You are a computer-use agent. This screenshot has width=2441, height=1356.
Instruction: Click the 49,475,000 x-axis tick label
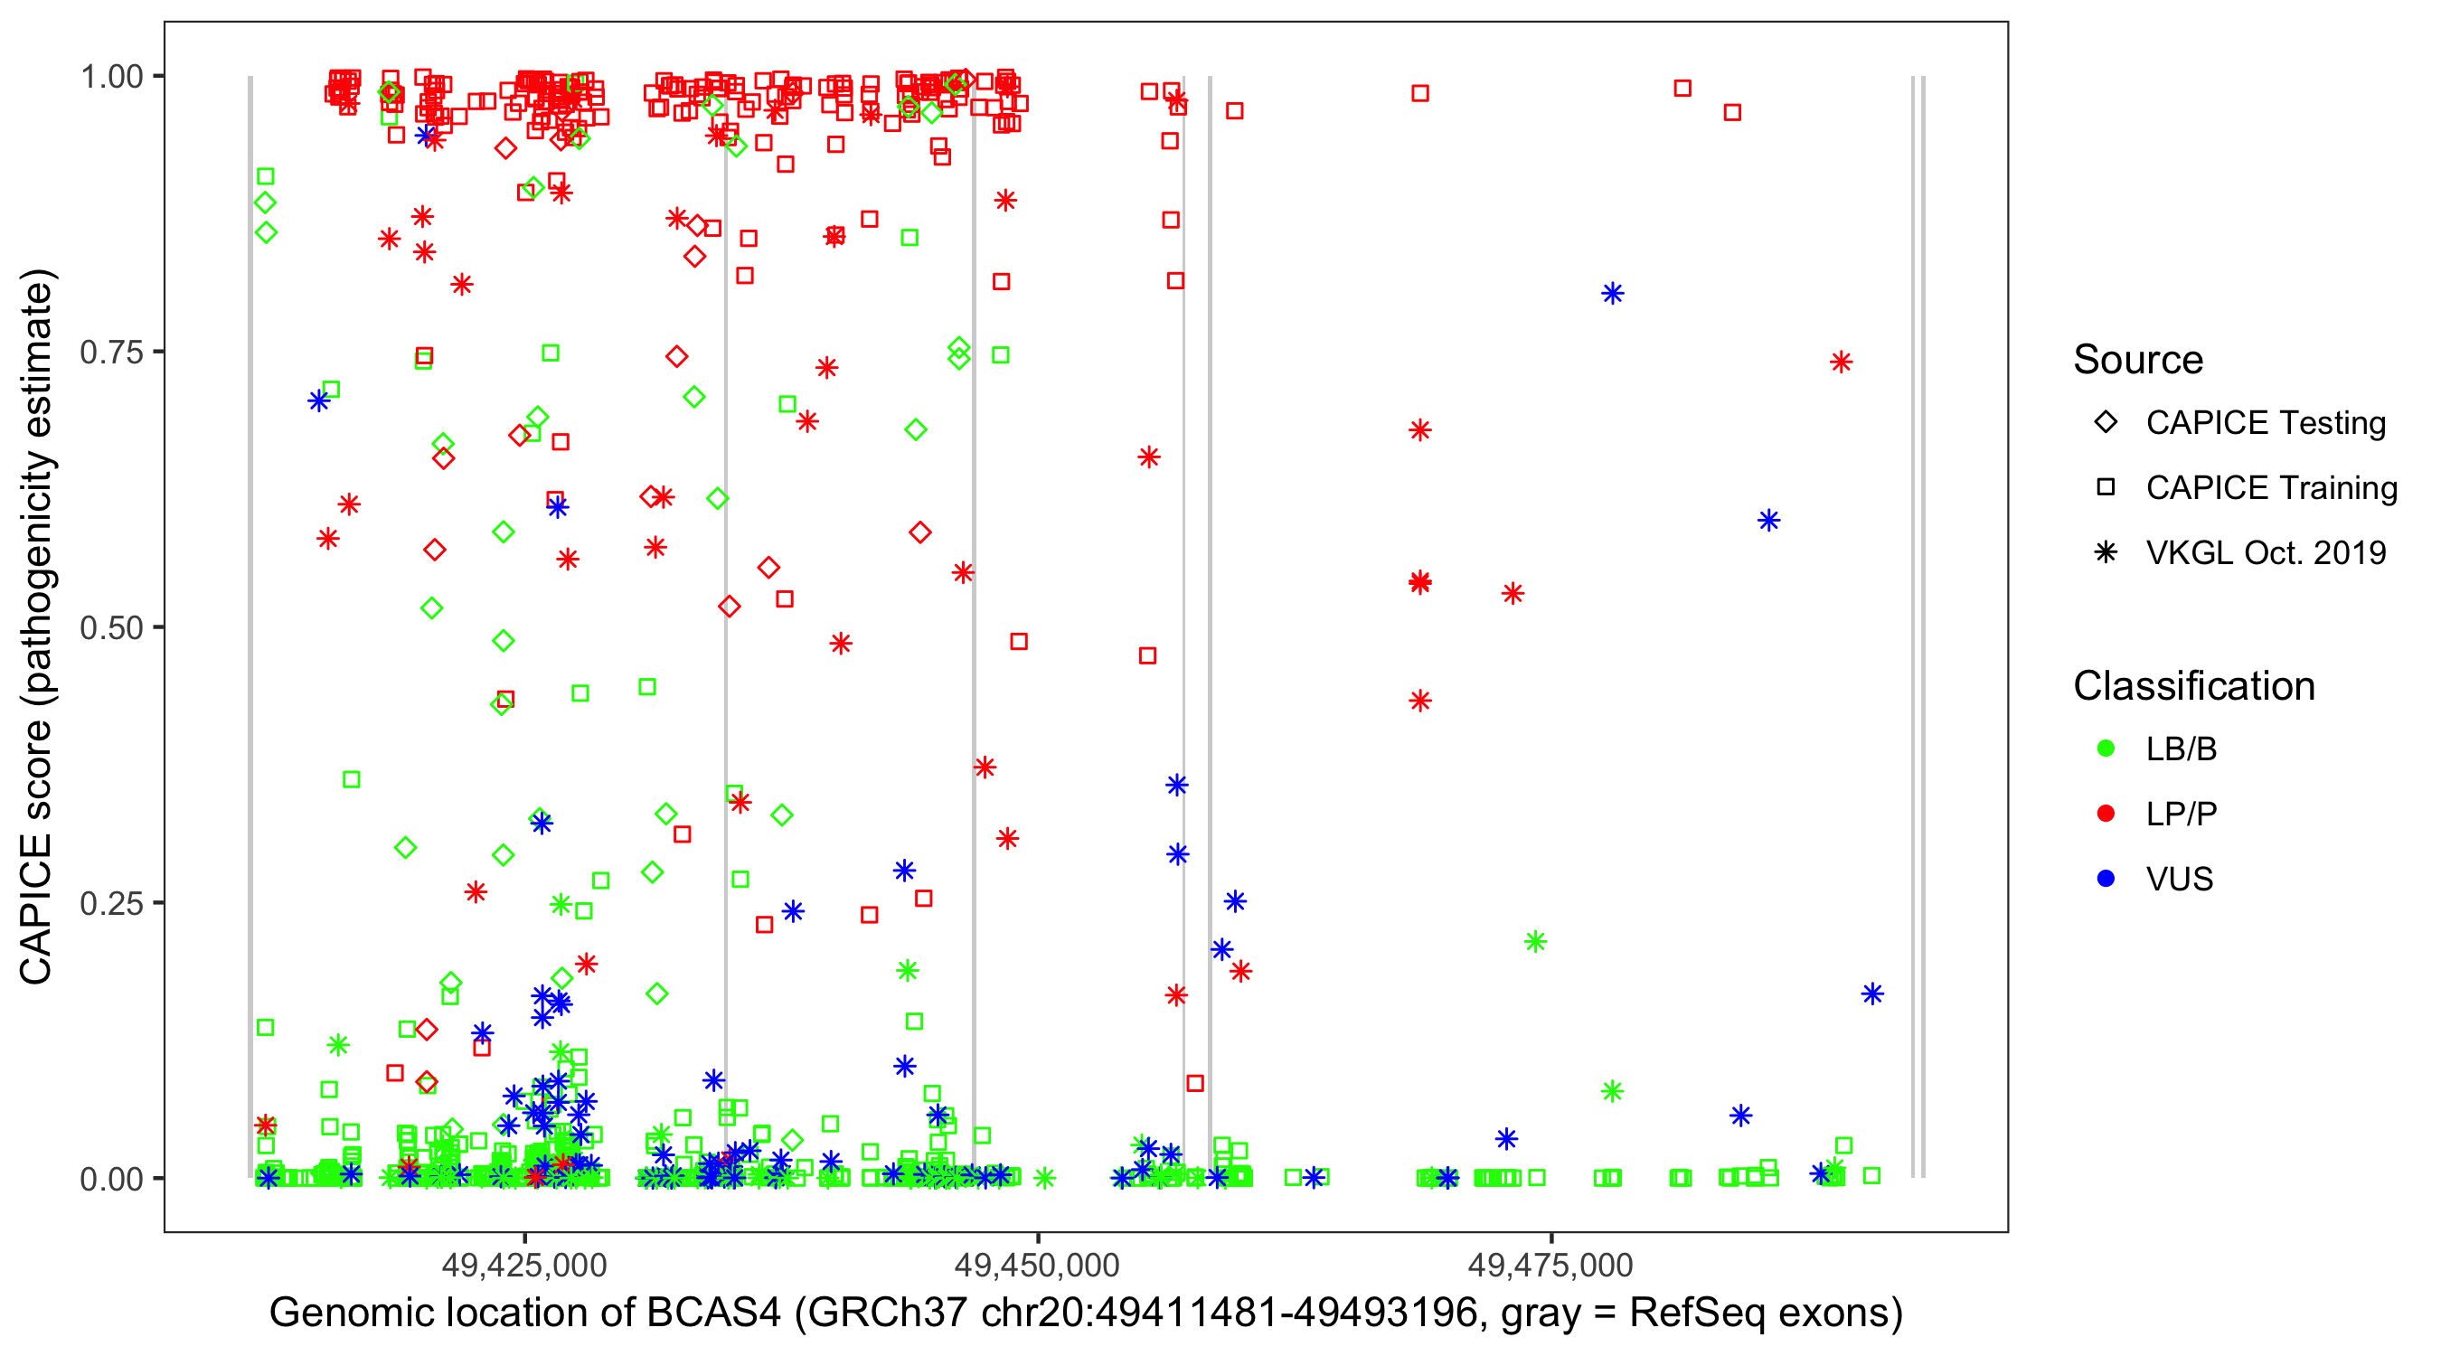(x=1550, y=1264)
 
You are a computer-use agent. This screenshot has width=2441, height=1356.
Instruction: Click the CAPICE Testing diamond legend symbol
(x=2106, y=423)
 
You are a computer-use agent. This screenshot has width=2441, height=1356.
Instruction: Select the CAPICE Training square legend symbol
(x=2106, y=488)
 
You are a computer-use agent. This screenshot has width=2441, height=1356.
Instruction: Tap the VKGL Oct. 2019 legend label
(x=2266, y=553)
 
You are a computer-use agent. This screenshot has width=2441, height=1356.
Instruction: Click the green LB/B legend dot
(x=2106, y=749)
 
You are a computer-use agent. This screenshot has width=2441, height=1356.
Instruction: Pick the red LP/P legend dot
(x=2106, y=814)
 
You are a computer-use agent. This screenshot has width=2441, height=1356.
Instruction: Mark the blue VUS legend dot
(x=2106, y=880)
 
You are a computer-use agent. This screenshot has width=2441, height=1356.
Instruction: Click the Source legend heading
(x=2138, y=360)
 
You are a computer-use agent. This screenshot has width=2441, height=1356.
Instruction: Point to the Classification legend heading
(x=2193, y=686)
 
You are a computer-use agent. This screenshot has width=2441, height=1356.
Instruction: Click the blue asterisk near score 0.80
(x=1612, y=294)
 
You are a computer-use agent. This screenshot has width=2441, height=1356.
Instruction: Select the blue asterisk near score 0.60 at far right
(x=1768, y=520)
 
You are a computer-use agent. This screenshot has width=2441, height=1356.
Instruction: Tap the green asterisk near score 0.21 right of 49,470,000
(x=1535, y=941)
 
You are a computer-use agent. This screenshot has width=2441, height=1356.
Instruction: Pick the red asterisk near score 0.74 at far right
(x=1840, y=362)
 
